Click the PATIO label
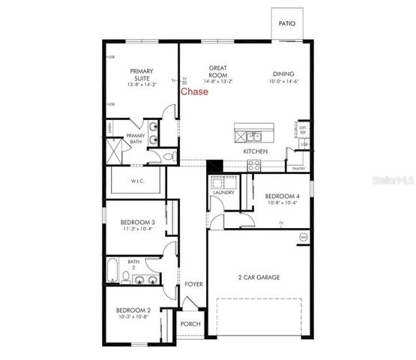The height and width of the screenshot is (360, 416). tap(286, 24)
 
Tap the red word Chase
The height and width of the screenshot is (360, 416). tap(195, 92)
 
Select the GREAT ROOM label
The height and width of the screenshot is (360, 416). tap(217, 71)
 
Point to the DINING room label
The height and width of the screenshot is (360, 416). tap(284, 73)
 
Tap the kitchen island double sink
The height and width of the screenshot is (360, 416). tap(253, 136)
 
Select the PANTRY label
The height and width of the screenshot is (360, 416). tap(298, 169)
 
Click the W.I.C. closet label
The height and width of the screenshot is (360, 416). tap(137, 180)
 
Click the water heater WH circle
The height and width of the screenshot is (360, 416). tap(304, 238)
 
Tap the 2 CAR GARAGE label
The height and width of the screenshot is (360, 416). tap(259, 277)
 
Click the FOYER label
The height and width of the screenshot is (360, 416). tap(193, 285)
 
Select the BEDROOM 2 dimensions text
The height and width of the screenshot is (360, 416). tap(133, 318)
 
